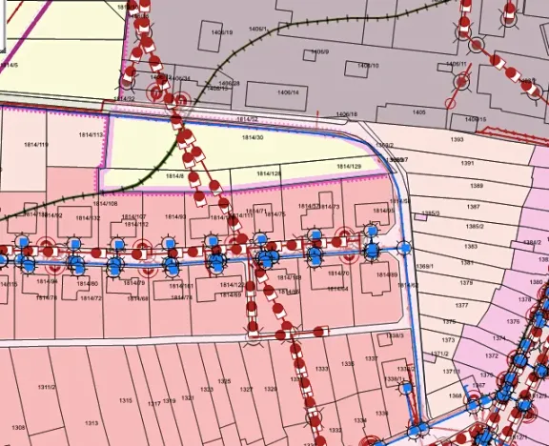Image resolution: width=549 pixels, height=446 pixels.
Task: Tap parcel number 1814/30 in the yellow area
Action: tap(252, 138)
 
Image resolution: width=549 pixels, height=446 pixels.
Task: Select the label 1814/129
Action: tap(351, 167)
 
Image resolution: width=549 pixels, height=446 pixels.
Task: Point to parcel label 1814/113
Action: tap(91, 135)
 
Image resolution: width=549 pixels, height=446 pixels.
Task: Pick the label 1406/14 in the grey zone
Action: tap(288, 92)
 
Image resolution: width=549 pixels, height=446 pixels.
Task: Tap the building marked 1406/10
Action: tap(368, 66)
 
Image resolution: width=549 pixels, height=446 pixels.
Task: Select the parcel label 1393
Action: tap(457, 139)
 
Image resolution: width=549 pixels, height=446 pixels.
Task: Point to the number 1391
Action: tap(466, 163)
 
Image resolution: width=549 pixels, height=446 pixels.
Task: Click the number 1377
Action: tap(462, 306)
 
